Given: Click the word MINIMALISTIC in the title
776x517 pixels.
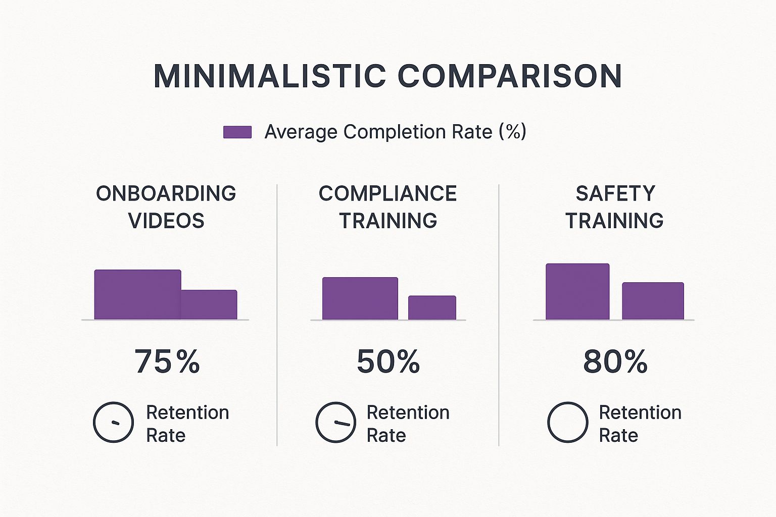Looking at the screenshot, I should pyautogui.click(x=270, y=76).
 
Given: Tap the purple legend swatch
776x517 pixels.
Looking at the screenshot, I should pyautogui.click(x=237, y=132).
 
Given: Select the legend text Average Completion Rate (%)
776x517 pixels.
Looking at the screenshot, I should pyautogui.click(x=395, y=132).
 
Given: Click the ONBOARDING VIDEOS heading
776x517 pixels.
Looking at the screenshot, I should pyautogui.click(x=166, y=207).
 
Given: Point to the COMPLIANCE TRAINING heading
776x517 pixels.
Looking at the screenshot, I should pyautogui.click(x=387, y=207).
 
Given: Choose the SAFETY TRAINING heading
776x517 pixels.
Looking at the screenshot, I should pyautogui.click(x=614, y=207).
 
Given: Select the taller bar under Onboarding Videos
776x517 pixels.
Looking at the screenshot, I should pyautogui.click(x=137, y=295).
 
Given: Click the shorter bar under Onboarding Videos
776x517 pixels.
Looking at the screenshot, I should pyautogui.click(x=209, y=304).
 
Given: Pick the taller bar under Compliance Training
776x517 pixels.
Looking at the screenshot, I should pyautogui.click(x=360, y=298).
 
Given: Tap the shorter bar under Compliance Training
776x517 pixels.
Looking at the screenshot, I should pyautogui.click(x=432, y=307).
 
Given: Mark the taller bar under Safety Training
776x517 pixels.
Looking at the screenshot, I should pyautogui.click(x=577, y=292).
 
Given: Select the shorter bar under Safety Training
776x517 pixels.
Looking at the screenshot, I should pyautogui.click(x=653, y=301).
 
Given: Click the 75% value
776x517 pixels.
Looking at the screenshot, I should pyautogui.click(x=167, y=361).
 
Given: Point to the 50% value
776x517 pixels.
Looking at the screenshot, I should pyautogui.click(x=388, y=361).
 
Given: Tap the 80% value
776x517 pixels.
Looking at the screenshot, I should pyautogui.click(x=615, y=361).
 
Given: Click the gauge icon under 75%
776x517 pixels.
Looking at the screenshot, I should pyautogui.click(x=113, y=422).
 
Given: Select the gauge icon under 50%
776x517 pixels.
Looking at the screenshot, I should pyautogui.click(x=335, y=422).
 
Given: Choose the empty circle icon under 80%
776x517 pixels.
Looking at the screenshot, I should pyautogui.click(x=567, y=422).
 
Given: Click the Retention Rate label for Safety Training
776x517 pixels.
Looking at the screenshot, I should pyautogui.click(x=640, y=424).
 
